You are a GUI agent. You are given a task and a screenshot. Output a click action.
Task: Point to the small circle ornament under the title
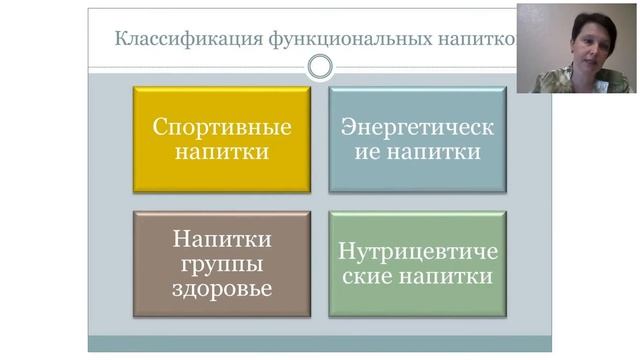[x=320, y=67]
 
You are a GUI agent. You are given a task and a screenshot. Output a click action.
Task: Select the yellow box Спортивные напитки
[x=221, y=139]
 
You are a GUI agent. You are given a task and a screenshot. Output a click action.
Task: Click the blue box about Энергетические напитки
[x=417, y=139]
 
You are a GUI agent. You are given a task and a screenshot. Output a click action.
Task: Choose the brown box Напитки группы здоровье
[x=221, y=264]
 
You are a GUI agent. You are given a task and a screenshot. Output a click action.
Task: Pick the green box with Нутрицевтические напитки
[x=417, y=264]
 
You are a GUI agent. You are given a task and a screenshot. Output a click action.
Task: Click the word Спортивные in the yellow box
[x=221, y=127]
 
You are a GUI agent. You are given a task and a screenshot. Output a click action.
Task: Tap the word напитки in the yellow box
[x=221, y=152]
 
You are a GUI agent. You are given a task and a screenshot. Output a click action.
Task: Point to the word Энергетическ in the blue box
[x=417, y=127]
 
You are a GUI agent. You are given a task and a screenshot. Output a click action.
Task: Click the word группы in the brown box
[x=221, y=264]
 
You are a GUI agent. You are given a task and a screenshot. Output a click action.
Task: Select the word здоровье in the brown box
[x=221, y=289]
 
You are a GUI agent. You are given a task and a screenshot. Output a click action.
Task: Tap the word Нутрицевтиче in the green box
[x=417, y=251]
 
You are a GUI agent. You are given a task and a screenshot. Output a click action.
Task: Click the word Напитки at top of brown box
[x=221, y=239]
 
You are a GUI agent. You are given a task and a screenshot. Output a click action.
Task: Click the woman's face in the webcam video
[x=587, y=46]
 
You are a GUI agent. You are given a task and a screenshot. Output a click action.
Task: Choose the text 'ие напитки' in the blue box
[x=417, y=152]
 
